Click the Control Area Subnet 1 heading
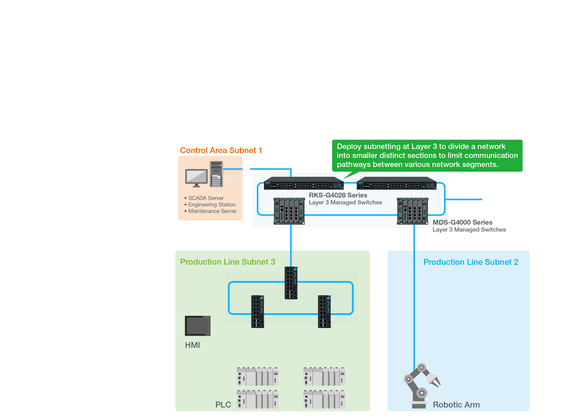click(x=221, y=150)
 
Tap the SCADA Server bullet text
click(x=206, y=198)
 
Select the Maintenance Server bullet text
click(x=212, y=211)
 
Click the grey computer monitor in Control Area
click(x=196, y=177)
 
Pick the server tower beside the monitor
click(x=216, y=174)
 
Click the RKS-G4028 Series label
click(x=338, y=195)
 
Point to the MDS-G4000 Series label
click(x=462, y=222)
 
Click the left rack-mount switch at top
click(x=304, y=183)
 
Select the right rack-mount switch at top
click(x=396, y=183)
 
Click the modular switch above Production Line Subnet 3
click(x=289, y=211)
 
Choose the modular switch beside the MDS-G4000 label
click(x=412, y=211)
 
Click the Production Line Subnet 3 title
click(x=228, y=262)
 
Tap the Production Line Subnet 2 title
click(x=471, y=262)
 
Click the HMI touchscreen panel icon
click(x=197, y=326)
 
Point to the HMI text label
click(x=192, y=345)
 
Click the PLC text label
click(x=223, y=405)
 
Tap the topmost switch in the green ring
click(x=291, y=283)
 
